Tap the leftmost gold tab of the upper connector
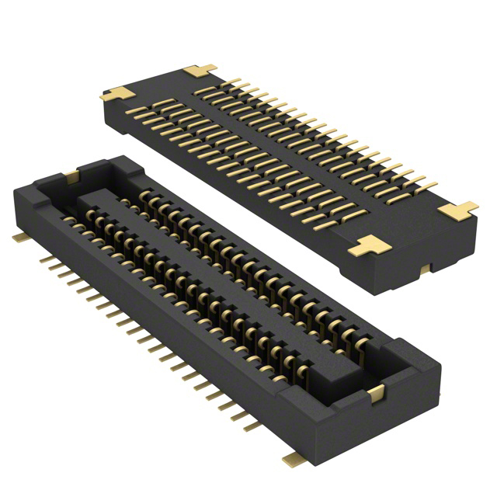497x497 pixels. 116,95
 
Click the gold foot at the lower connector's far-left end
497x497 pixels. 18,236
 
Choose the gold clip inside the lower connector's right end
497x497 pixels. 377,394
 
